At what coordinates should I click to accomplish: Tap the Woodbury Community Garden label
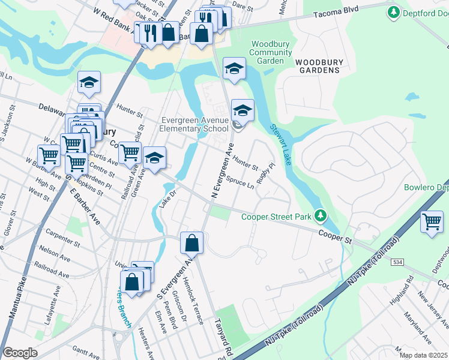pyautogui.click(x=271, y=52)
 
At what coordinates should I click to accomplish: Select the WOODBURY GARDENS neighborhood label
pyautogui.click(x=317, y=66)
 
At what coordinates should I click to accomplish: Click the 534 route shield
pyautogui.click(x=397, y=262)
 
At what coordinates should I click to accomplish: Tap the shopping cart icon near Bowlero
pyautogui.click(x=432, y=223)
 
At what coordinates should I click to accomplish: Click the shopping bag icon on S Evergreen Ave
pyautogui.click(x=191, y=244)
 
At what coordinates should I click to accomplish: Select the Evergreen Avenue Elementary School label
pyautogui.click(x=194, y=124)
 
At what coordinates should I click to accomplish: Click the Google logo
pyautogui.click(x=20, y=353)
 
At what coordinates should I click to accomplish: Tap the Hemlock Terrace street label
pyautogui.click(x=194, y=304)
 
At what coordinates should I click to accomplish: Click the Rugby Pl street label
pyautogui.click(x=265, y=173)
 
